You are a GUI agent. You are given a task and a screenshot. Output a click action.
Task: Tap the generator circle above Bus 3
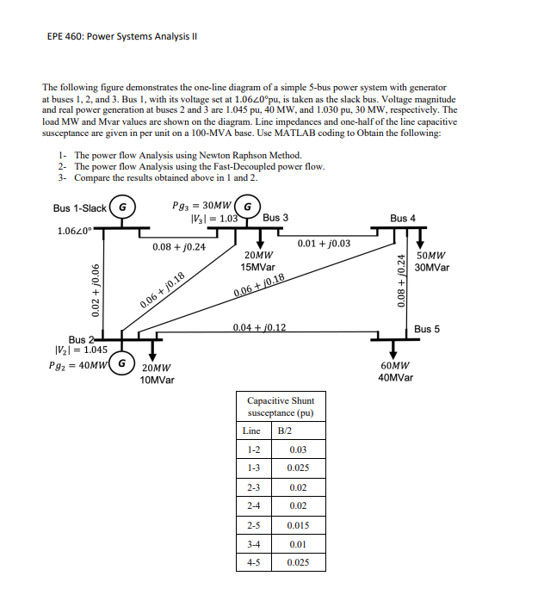coord(248,207)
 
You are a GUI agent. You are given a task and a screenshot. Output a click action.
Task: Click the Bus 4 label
coord(403,219)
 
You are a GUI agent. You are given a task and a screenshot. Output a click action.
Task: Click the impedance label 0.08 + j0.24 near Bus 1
coord(178,246)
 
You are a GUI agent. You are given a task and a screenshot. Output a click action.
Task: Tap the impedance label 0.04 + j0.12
coord(260,328)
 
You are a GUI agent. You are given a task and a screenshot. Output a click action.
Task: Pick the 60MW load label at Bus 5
coord(393,366)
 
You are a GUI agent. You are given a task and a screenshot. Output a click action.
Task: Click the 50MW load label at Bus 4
coord(430,257)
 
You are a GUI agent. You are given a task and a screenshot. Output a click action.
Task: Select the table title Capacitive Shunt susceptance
coord(281,406)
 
